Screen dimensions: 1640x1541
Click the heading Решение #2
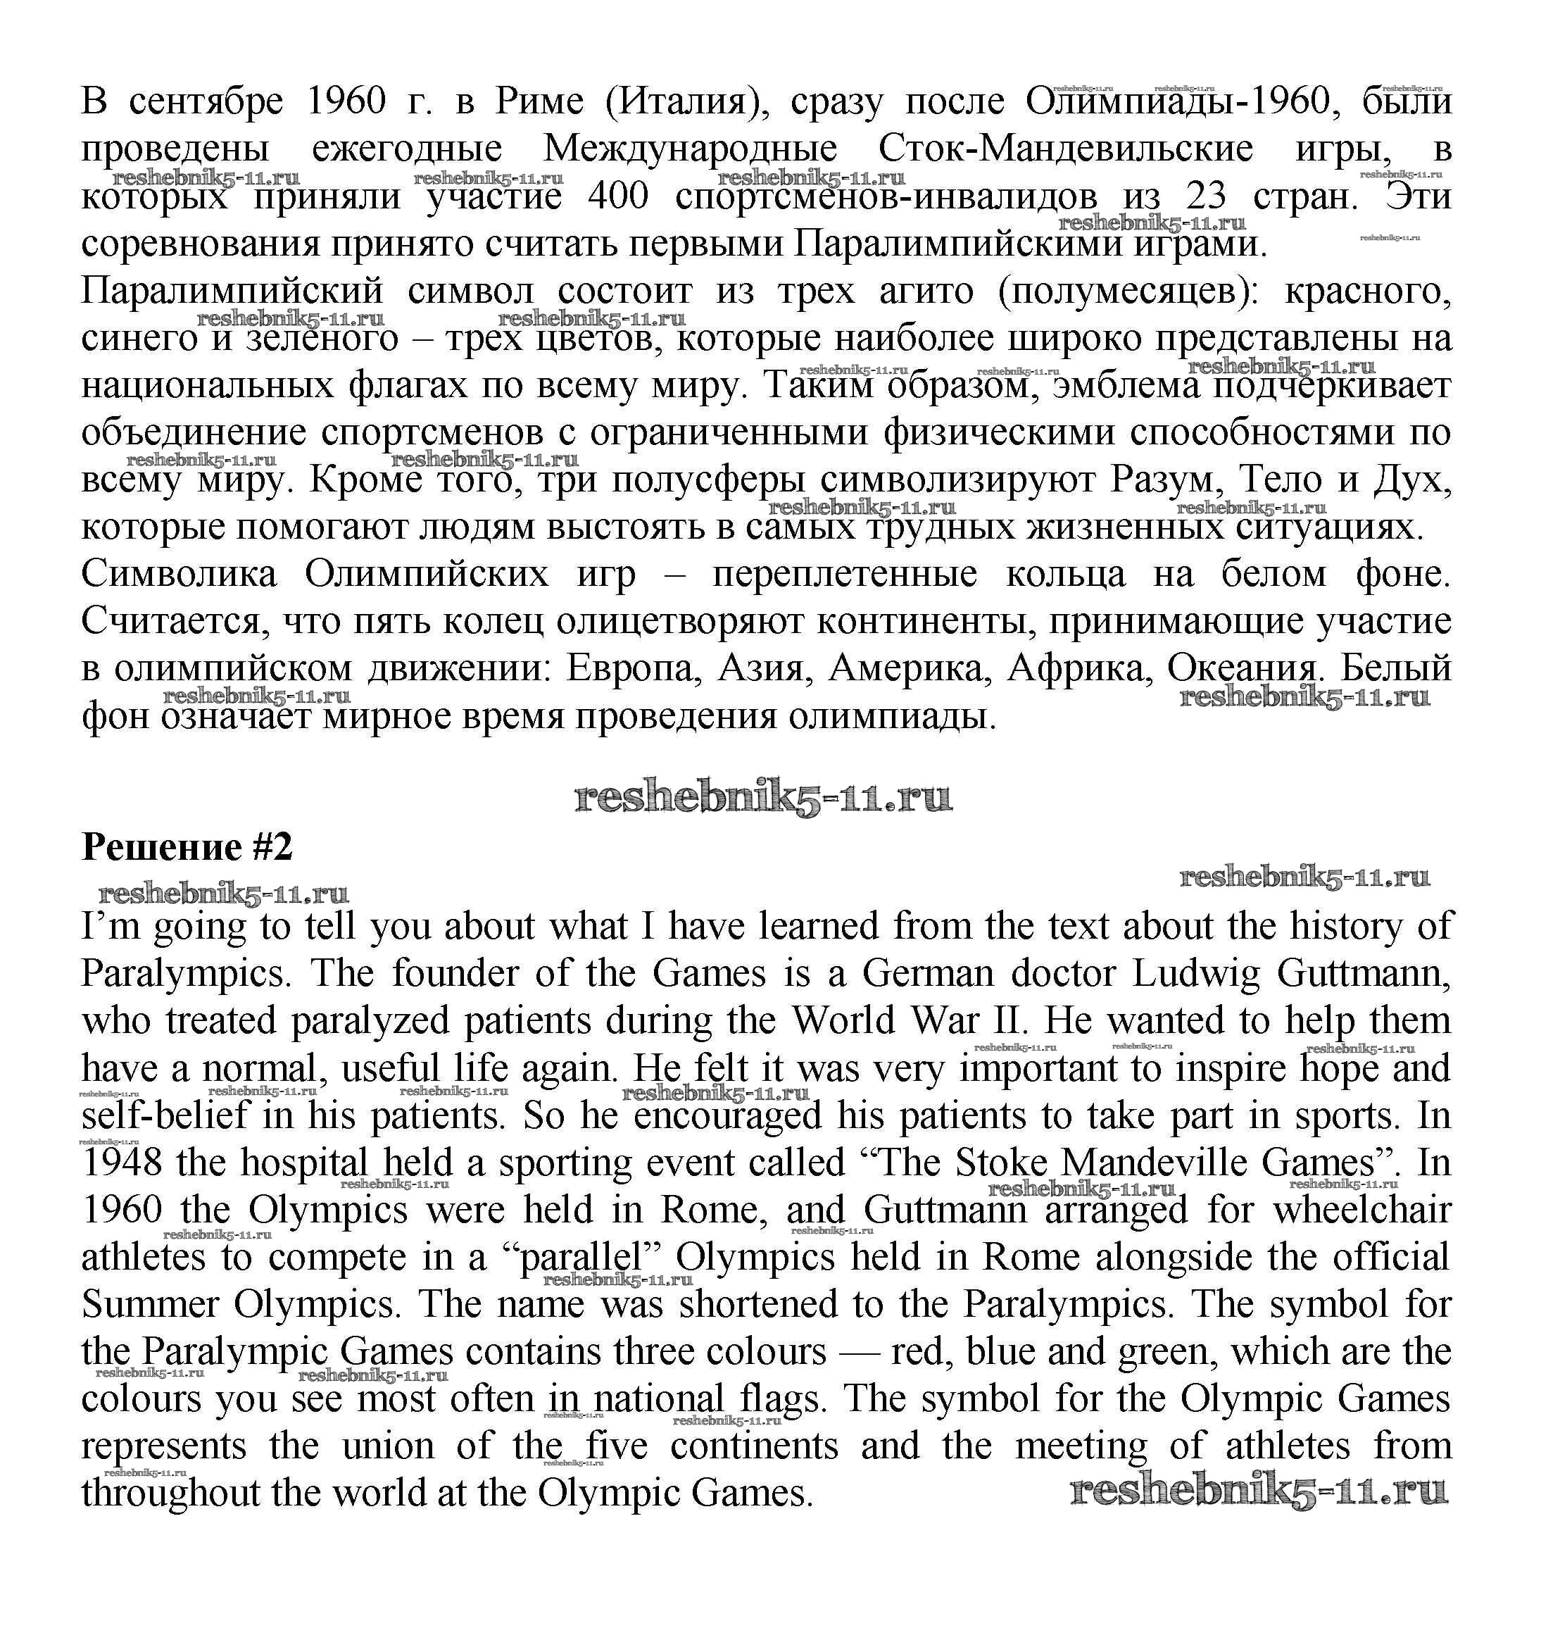[x=187, y=847]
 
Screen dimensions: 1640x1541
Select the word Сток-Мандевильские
[x=1065, y=149]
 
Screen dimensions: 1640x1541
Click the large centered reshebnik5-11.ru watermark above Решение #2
[x=763, y=798]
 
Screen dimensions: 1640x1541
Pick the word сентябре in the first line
[x=206, y=102]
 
